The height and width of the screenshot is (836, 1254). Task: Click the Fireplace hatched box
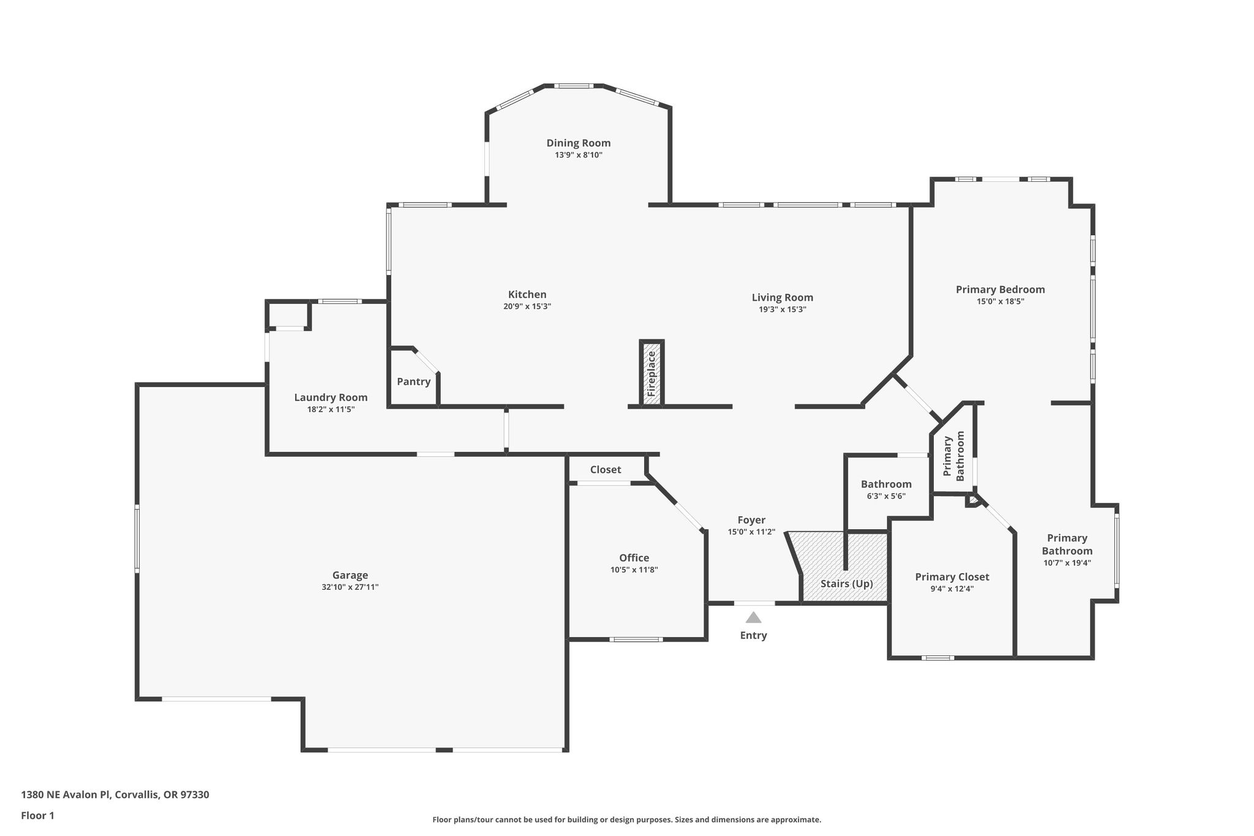click(651, 373)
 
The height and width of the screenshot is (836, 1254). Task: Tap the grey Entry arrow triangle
click(753, 617)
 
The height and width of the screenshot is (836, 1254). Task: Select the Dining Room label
click(579, 143)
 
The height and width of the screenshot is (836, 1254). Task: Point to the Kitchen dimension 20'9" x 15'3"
click(527, 307)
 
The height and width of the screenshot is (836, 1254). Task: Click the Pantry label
click(414, 382)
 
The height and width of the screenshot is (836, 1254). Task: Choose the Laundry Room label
click(331, 397)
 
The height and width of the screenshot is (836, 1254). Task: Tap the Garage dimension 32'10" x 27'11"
click(350, 587)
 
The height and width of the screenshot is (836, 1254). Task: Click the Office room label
click(634, 558)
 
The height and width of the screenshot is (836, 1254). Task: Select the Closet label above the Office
click(606, 470)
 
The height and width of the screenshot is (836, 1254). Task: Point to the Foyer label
click(751, 521)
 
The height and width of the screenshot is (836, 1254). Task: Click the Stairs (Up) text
click(847, 584)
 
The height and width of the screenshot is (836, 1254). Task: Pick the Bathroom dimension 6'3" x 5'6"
click(886, 497)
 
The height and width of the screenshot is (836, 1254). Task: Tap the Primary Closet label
click(952, 577)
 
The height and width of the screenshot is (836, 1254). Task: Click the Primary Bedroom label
click(1001, 290)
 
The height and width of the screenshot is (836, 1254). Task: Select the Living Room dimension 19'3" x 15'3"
click(783, 310)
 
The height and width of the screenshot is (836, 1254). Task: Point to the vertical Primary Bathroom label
click(954, 456)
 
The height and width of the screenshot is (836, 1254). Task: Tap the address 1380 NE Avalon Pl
click(66, 795)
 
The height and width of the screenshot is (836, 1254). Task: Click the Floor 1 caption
click(38, 816)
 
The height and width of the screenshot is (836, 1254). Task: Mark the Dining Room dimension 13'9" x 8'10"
click(579, 156)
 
